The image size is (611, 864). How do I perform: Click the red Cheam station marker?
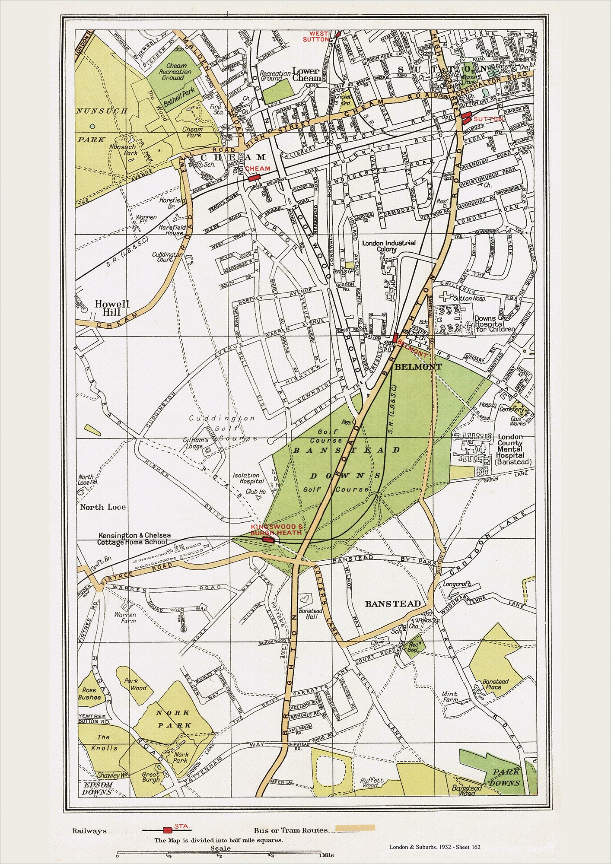tap(254, 177)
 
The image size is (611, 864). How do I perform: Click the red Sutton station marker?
tap(465, 118)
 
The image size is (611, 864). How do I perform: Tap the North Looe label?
tap(102, 507)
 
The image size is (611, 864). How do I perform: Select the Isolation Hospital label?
tap(248, 478)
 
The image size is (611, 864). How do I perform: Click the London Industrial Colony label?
tap(388, 246)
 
